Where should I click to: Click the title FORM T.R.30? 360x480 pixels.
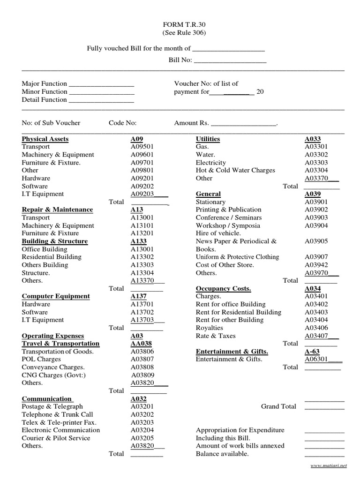tap(184, 25)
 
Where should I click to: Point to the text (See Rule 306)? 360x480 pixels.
tap(184, 33)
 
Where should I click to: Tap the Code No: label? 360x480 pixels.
tap(122, 123)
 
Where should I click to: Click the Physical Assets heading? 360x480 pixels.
tap(45, 139)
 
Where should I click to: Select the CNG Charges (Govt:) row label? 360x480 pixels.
tap(54, 375)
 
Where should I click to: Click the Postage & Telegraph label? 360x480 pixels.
tap(52, 406)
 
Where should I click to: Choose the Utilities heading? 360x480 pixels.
tap(208, 139)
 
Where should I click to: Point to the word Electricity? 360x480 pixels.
tap(210, 163)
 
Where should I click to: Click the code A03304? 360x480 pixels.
tap(316, 170)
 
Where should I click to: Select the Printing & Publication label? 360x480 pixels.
tap(228, 210)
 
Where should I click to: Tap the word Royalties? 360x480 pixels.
tap(209, 328)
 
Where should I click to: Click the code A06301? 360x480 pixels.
tap(317, 359)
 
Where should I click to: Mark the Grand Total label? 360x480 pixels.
tap(278, 406)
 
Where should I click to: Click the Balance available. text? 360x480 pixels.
tap(222, 454)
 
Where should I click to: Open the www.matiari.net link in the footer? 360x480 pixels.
tap(329, 465)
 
